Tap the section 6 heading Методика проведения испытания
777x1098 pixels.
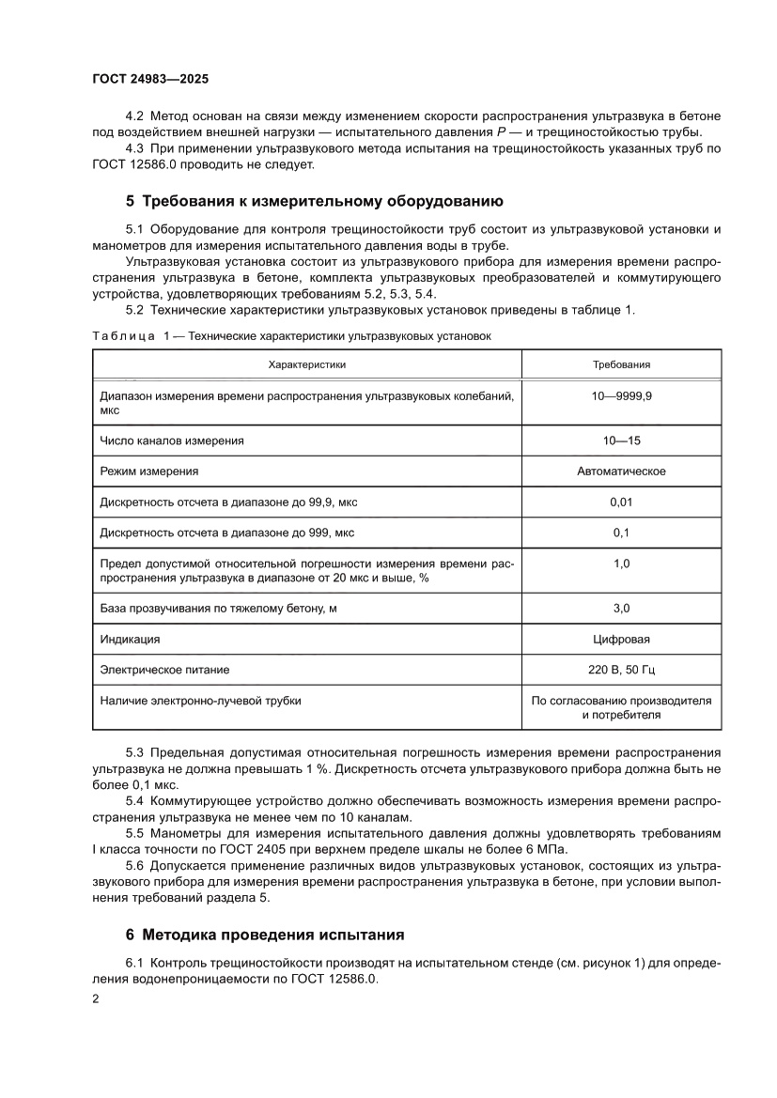point(265,935)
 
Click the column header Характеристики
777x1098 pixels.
point(307,364)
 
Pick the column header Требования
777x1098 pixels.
point(621,364)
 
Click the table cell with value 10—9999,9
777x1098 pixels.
point(621,397)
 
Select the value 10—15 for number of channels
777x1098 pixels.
point(621,440)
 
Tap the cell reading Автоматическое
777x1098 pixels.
point(621,471)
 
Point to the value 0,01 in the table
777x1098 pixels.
point(621,503)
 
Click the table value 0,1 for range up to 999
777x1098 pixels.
point(621,533)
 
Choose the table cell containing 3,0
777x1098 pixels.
point(621,609)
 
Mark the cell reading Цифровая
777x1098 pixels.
point(621,640)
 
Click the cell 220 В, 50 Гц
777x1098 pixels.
point(621,670)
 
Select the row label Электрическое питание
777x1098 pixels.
point(164,670)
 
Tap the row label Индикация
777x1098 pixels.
point(130,640)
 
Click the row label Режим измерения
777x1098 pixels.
point(148,471)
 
